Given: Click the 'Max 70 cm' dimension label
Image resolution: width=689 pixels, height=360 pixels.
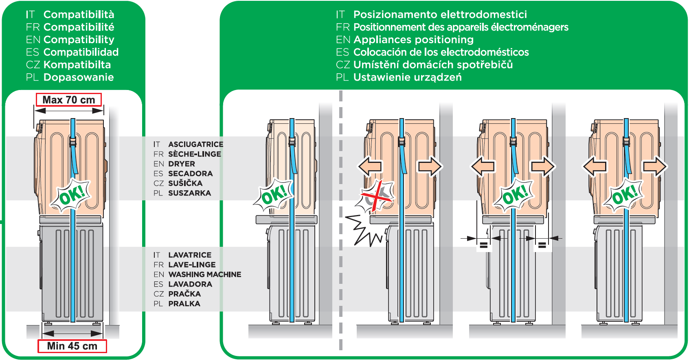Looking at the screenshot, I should click(x=69, y=100).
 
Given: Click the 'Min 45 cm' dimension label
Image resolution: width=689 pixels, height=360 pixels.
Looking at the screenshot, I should click(x=72, y=346).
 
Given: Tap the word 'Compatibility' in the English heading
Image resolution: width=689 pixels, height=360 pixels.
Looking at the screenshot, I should click(x=79, y=40).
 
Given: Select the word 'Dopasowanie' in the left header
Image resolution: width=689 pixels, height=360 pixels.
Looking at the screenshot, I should click(x=79, y=77).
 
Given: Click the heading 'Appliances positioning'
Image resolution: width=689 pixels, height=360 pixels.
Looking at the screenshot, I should click(x=413, y=40).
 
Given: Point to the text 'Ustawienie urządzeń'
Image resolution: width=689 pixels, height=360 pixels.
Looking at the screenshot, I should click(x=407, y=77).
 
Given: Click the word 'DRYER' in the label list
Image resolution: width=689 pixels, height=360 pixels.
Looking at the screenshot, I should click(x=182, y=164).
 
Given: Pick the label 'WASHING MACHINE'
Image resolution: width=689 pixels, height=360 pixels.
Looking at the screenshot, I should click(x=205, y=274).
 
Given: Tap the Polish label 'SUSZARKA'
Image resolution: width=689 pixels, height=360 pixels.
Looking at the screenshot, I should click(x=189, y=193).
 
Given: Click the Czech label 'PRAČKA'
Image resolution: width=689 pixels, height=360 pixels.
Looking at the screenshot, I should click(x=184, y=294).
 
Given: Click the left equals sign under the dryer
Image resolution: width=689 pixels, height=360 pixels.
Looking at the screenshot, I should click(x=483, y=245).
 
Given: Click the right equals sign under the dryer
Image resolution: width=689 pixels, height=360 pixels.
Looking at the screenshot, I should click(x=542, y=245).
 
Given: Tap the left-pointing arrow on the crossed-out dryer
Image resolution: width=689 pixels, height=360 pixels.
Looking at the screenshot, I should click(x=370, y=166).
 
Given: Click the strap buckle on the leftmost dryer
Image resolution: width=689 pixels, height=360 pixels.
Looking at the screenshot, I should click(x=73, y=142).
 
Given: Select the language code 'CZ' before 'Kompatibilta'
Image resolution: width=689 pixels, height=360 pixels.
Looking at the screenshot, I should click(x=33, y=65).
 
